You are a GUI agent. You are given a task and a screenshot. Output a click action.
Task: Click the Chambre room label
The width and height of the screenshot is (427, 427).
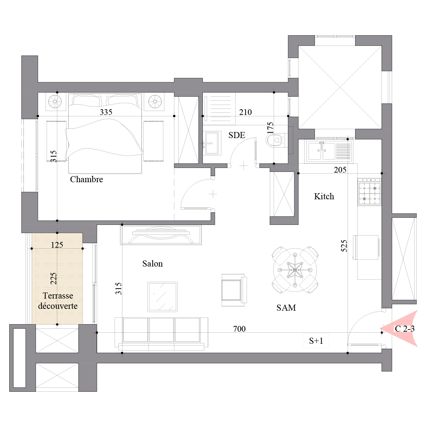[x=86, y=179]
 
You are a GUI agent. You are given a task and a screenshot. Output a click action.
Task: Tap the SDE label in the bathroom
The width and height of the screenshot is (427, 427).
[x=237, y=135]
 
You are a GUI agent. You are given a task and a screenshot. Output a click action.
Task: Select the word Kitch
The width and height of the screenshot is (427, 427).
[x=324, y=196]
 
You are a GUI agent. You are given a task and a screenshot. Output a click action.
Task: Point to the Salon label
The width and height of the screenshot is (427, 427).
[x=152, y=264]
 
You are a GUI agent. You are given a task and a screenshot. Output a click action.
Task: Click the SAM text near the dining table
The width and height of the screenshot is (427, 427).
[x=286, y=307]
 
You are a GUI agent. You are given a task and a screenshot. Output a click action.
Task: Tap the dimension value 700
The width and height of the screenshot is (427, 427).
[x=239, y=329]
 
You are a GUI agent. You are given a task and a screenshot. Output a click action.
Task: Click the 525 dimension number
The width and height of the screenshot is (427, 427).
[x=344, y=246]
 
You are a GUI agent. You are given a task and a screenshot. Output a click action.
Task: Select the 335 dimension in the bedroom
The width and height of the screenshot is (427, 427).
[x=106, y=112]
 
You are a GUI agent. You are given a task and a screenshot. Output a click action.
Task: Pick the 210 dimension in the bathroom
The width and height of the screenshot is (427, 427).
[x=245, y=112]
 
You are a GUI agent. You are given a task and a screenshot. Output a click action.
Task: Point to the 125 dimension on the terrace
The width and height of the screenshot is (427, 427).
[x=57, y=245]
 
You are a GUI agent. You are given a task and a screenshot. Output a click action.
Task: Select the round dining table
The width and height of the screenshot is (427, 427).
[x=295, y=270]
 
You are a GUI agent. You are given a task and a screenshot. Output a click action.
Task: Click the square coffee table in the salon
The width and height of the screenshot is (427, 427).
[x=162, y=297]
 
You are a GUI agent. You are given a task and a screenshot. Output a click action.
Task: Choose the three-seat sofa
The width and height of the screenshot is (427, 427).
[x=161, y=334]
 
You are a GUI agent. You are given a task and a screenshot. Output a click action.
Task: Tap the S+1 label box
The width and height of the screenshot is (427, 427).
[x=316, y=341]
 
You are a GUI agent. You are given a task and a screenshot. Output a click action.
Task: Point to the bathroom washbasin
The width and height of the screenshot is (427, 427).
[x=212, y=143]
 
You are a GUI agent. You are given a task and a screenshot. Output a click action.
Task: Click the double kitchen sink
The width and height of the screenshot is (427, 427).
[x=329, y=151]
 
